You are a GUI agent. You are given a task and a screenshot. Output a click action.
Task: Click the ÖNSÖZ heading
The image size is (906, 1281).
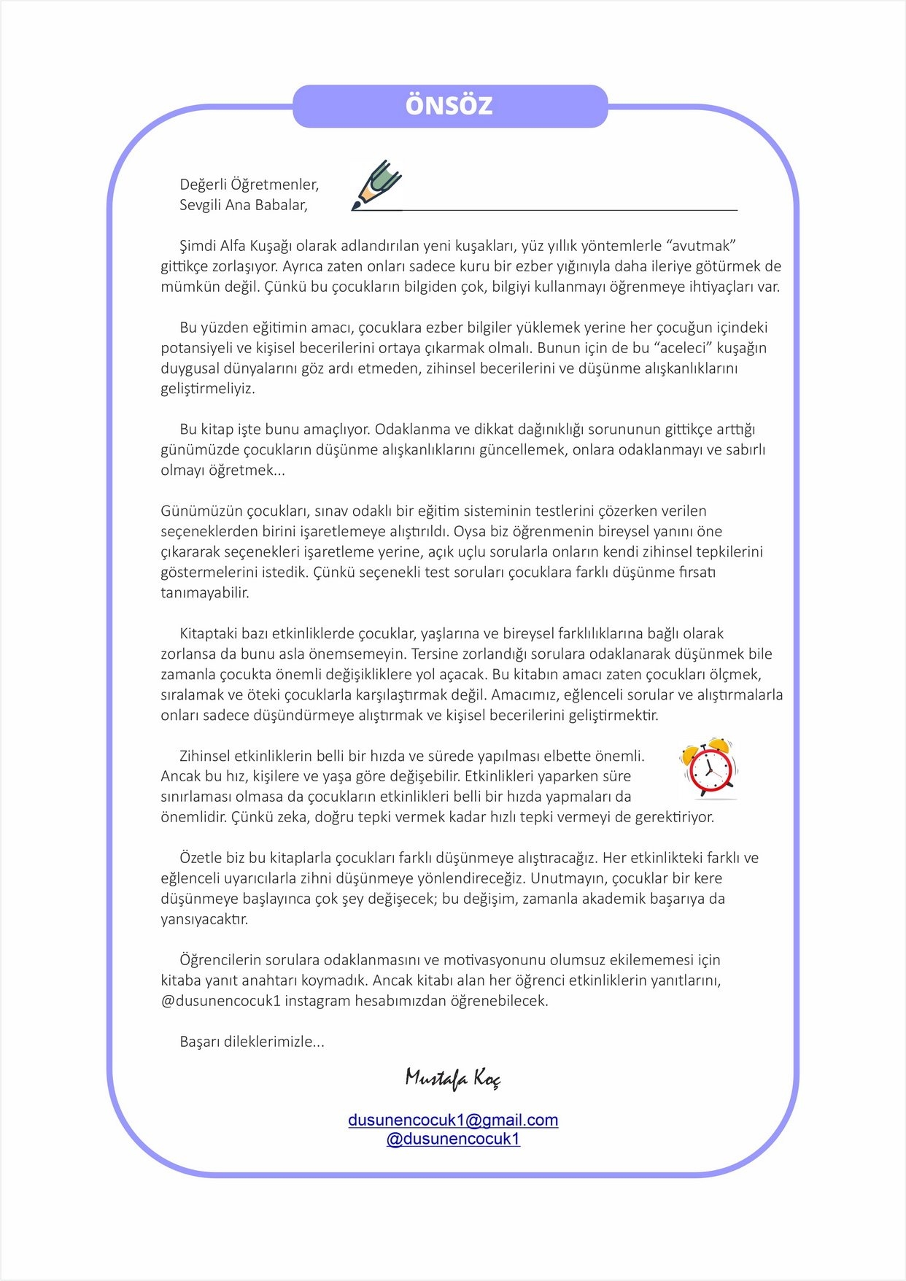coord(449,106)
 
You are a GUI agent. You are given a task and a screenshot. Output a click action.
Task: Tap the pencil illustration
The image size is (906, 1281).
coord(378,185)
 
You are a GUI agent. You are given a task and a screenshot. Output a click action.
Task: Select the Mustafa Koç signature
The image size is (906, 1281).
coord(452,1078)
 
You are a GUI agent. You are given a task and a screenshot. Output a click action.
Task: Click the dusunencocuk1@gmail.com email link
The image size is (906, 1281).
coord(453,1120)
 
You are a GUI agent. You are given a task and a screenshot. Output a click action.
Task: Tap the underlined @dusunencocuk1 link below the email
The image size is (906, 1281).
coord(453,1139)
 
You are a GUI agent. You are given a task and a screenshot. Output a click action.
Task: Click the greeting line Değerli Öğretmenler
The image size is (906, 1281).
coord(249,185)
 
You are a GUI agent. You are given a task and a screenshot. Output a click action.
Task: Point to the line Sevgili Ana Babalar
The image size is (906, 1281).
coord(244,205)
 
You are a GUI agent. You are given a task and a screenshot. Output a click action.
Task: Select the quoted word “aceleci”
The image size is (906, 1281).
coord(677,348)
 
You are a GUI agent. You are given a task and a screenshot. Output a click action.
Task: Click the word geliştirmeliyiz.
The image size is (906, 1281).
coord(208,389)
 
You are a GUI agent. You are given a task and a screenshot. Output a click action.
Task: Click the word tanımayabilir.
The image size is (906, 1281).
coord(205,593)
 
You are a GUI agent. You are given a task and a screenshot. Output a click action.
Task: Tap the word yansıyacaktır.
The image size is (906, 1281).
coord(204,920)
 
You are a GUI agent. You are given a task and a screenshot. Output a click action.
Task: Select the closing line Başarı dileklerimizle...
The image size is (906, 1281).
coord(252,1042)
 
